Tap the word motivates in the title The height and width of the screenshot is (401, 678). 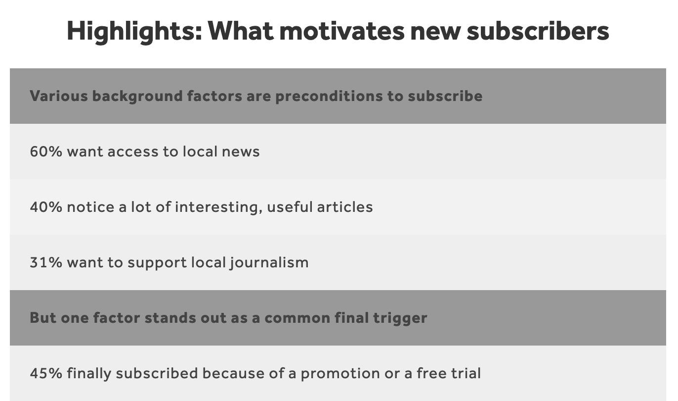[x=342, y=31]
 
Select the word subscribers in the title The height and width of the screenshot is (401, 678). [x=538, y=31]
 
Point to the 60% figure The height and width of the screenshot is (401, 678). [x=46, y=151]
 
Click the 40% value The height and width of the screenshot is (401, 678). [x=46, y=207]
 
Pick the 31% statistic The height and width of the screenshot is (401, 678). [x=46, y=262]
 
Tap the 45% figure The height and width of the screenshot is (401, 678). [x=46, y=373]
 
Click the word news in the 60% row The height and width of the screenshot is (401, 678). [x=241, y=152]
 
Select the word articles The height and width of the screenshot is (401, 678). [x=345, y=207]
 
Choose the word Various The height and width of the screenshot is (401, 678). [x=59, y=96]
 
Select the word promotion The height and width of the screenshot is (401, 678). [x=340, y=374]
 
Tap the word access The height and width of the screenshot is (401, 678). [x=133, y=152]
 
